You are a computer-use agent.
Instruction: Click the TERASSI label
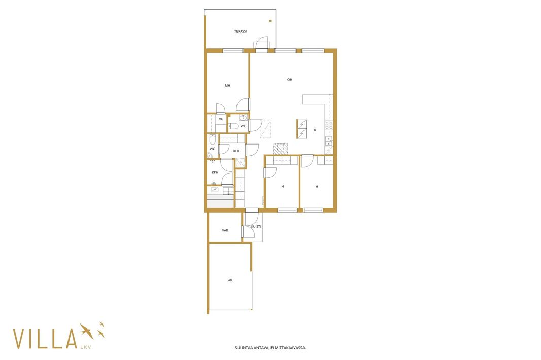coord(241,31)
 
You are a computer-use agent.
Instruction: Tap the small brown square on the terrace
coord(270,21)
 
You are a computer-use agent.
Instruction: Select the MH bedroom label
coord(227,86)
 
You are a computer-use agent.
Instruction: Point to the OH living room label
coord(290,80)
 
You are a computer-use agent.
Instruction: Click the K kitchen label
coord(315,130)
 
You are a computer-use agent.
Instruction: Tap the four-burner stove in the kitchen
coord(329,125)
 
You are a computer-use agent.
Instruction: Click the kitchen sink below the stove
coord(329,140)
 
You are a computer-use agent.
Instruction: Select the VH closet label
coord(221,119)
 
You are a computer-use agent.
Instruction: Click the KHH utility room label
coord(236,151)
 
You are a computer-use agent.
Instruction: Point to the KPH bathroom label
coord(215,172)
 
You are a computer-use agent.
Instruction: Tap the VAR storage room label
coord(225,230)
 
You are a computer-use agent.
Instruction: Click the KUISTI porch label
coord(256,227)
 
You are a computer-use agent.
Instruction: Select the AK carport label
coord(230,280)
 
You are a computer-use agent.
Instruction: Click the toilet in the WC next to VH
coord(233,127)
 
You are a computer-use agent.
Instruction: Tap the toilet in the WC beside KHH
coord(213,139)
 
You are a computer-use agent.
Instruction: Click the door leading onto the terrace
coord(261,44)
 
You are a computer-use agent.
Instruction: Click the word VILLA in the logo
coord(45,339)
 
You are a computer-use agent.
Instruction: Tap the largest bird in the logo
coord(86,331)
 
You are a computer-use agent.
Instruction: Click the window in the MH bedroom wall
coord(233,51)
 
